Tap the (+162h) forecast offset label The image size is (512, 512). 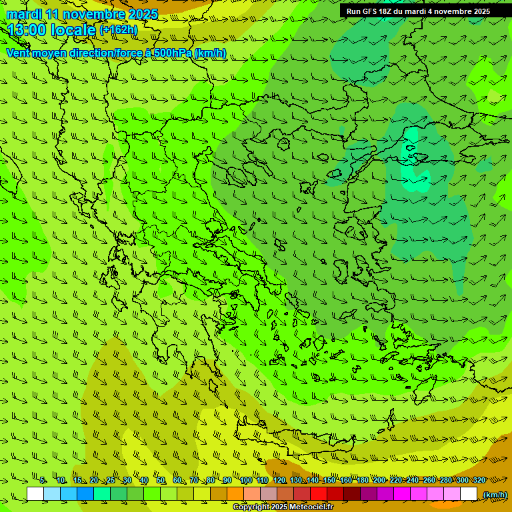[118, 29]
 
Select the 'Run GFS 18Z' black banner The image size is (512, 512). [418, 11]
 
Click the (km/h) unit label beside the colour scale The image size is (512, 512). [495, 495]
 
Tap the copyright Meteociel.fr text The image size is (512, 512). [283, 507]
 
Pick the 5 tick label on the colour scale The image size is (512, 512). [43, 481]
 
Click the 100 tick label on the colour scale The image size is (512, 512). [246, 481]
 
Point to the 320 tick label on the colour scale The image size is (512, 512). [479, 481]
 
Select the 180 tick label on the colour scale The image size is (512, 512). [363, 481]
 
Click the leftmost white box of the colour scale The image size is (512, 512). [35, 494]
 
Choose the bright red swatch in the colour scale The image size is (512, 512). [319, 494]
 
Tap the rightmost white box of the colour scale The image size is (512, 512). [469, 494]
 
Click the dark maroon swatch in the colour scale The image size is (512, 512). [352, 494]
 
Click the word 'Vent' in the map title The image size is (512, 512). [19, 53]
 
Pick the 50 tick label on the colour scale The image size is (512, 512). [161, 481]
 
